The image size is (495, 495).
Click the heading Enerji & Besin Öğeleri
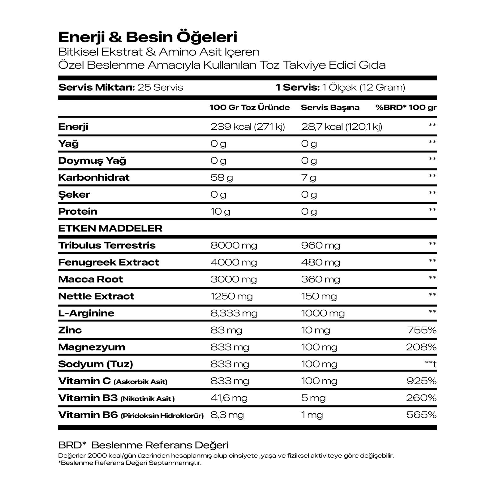(148, 37)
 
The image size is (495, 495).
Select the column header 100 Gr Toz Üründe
(249, 108)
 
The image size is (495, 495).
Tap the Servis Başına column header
(330, 108)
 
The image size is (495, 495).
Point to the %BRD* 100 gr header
(406, 108)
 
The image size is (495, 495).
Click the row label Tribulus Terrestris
(107, 245)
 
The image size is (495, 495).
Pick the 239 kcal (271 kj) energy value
(247, 127)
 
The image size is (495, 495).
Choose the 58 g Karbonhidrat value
(222, 178)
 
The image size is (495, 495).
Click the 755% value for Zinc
(422, 330)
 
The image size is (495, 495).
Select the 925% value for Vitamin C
(421, 381)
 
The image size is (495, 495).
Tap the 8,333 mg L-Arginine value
(234, 313)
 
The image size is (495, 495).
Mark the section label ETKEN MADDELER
(110, 228)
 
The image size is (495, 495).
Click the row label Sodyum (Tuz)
(96, 364)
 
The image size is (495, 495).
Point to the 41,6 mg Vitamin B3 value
(229, 398)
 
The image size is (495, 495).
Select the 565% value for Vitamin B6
(421, 415)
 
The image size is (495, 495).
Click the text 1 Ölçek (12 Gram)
(364, 88)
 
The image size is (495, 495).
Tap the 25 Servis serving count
(160, 88)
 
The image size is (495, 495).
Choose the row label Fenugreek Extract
(108, 262)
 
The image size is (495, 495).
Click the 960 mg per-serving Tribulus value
(321, 245)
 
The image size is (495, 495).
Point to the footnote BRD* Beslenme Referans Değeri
(143, 445)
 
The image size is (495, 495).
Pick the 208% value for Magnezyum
(421, 347)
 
